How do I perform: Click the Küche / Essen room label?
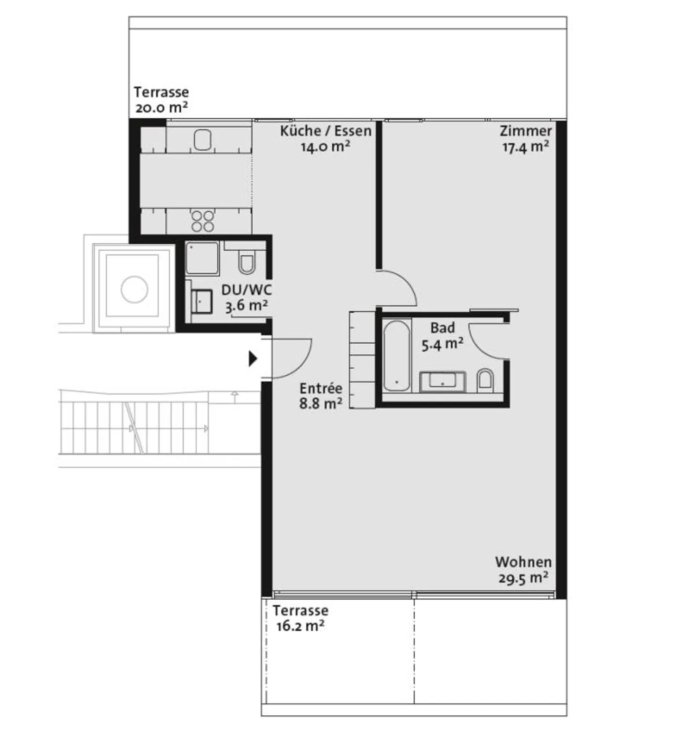[325, 139]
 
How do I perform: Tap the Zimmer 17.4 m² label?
[526, 139]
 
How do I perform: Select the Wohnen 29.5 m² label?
[523, 570]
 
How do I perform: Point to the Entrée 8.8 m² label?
[321, 396]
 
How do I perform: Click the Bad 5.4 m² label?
[442, 336]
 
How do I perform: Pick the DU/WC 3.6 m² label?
[246, 298]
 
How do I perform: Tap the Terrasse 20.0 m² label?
[161, 100]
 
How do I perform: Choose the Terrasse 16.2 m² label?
[300, 618]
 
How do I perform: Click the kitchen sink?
[203, 139]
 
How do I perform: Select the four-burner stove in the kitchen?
[203, 221]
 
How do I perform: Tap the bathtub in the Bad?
[397, 356]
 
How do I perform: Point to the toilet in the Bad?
[485, 380]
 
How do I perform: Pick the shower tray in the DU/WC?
[202, 258]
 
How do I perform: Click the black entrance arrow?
[253, 359]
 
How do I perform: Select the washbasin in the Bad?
[442, 381]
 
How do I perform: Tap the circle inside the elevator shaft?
[134, 289]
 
